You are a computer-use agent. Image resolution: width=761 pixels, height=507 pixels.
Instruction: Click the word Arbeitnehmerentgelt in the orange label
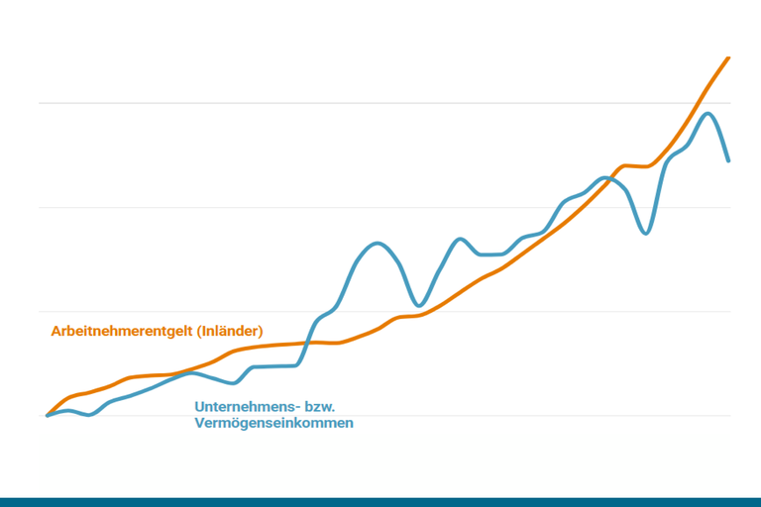[x=123, y=331]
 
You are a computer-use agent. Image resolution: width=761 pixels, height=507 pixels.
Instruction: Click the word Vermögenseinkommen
[x=274, y=423]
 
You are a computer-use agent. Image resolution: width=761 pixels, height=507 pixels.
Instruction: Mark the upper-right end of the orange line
[x=729, y=58]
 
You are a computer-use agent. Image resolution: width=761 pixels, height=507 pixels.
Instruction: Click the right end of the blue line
[x=729, y=160]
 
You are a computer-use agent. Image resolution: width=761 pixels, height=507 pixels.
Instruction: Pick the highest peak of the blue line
[x=707, y=114]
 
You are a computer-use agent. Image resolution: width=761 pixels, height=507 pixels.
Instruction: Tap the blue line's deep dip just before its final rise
[x=645, y=233]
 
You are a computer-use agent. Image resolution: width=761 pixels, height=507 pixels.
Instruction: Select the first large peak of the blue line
[x=377, y=243]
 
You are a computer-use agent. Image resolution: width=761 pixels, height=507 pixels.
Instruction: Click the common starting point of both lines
[x=48, y=415]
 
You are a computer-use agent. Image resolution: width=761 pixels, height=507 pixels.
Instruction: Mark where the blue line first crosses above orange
[x=307, y=343]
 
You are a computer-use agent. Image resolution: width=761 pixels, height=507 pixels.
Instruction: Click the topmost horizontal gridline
[x=384, y=103]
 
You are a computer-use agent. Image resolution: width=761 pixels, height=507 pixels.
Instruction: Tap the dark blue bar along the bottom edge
[x=380, y=502]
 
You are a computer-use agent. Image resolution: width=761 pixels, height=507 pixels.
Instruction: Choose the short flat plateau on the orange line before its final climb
[x=637, y=165]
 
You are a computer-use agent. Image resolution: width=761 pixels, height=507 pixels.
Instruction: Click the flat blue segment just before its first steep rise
[x=275, y=366]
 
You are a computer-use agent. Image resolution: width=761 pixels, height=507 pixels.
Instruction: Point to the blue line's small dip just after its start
[x=89, y=414]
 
